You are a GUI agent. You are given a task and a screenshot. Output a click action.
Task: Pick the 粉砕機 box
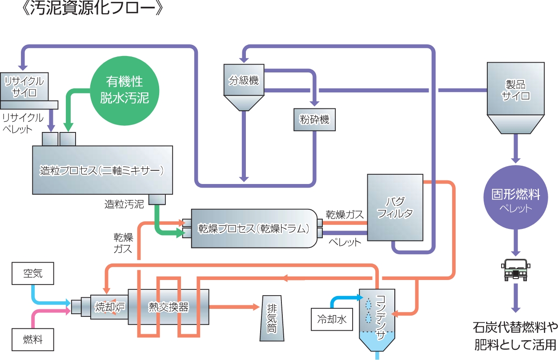coord(314,120)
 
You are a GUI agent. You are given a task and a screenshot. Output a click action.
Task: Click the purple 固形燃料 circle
coord(516,200)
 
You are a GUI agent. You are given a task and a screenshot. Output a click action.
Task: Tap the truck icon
coord(516,269)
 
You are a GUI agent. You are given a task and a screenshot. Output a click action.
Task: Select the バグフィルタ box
coord(395,208)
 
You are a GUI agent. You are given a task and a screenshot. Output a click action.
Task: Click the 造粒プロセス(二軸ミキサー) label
coord(102,170)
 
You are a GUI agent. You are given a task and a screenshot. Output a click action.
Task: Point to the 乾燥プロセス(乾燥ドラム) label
coord(253,228)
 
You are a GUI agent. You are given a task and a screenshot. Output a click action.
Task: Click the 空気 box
coord(33,273)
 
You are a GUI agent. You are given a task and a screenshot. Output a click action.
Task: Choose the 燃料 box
coord(33,340)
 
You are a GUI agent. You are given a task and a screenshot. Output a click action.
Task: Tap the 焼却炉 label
coord(108,307)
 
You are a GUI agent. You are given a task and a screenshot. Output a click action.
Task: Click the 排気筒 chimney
coord(272,318)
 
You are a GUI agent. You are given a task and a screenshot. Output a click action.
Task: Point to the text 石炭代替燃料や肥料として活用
coord(515,336)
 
